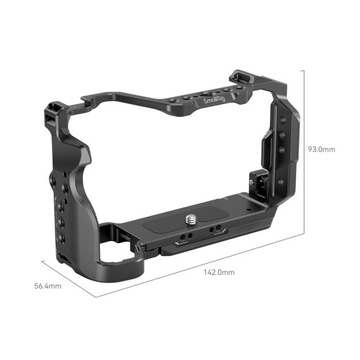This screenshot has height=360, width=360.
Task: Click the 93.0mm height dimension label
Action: point(323,148)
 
